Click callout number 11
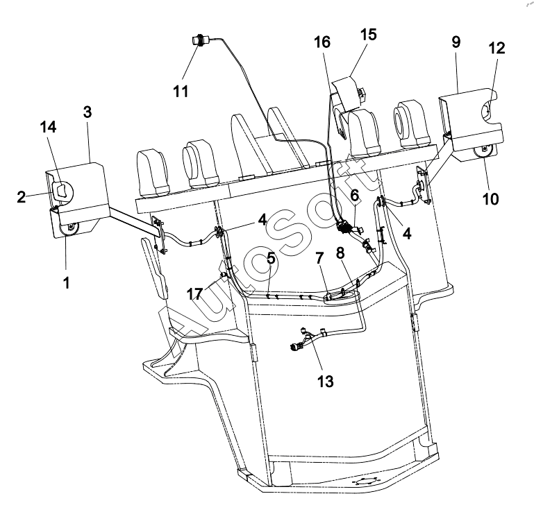point(181,91)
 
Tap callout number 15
point(369,35)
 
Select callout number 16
point(322,42)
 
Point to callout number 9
point(456,42)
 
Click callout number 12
point(497,48)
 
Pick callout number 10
point(491,198)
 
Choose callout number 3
point(87,112)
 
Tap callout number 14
point(48,127)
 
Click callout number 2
point(21,197)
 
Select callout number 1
point(67,282)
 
